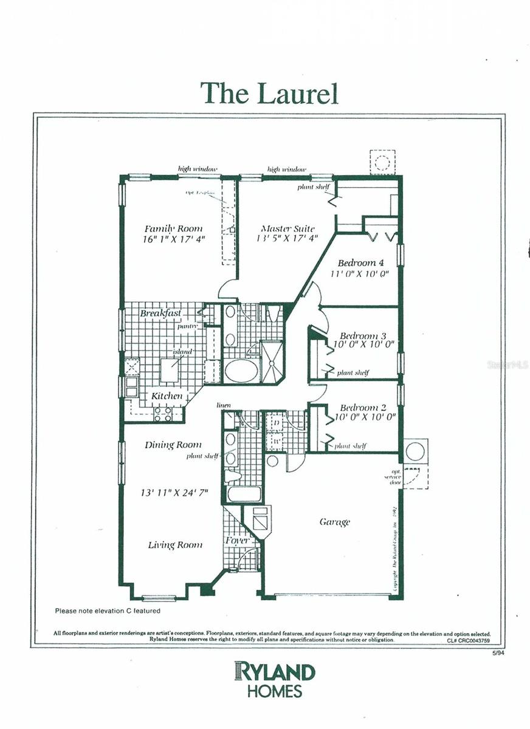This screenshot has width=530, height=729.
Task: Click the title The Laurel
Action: click(x=269, y=93)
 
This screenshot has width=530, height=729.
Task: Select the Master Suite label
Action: click(x=287, y=228)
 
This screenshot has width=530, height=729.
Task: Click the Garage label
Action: click(x=334, y=522)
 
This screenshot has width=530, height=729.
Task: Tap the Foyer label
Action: click(x=237, y=540)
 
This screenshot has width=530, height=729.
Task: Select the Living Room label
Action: click(x=175, y=545)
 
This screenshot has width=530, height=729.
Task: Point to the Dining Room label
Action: click(x=173, y=445)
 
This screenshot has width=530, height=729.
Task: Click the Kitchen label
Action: click(x=167, y=396)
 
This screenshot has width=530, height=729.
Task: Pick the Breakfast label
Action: click(x=160, y=313)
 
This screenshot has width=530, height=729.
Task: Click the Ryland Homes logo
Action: click(x=275, y=679)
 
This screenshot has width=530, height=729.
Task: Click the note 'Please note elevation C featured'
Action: click(x=108, y=611)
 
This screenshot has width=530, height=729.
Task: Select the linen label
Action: click(x=224, y=405)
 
